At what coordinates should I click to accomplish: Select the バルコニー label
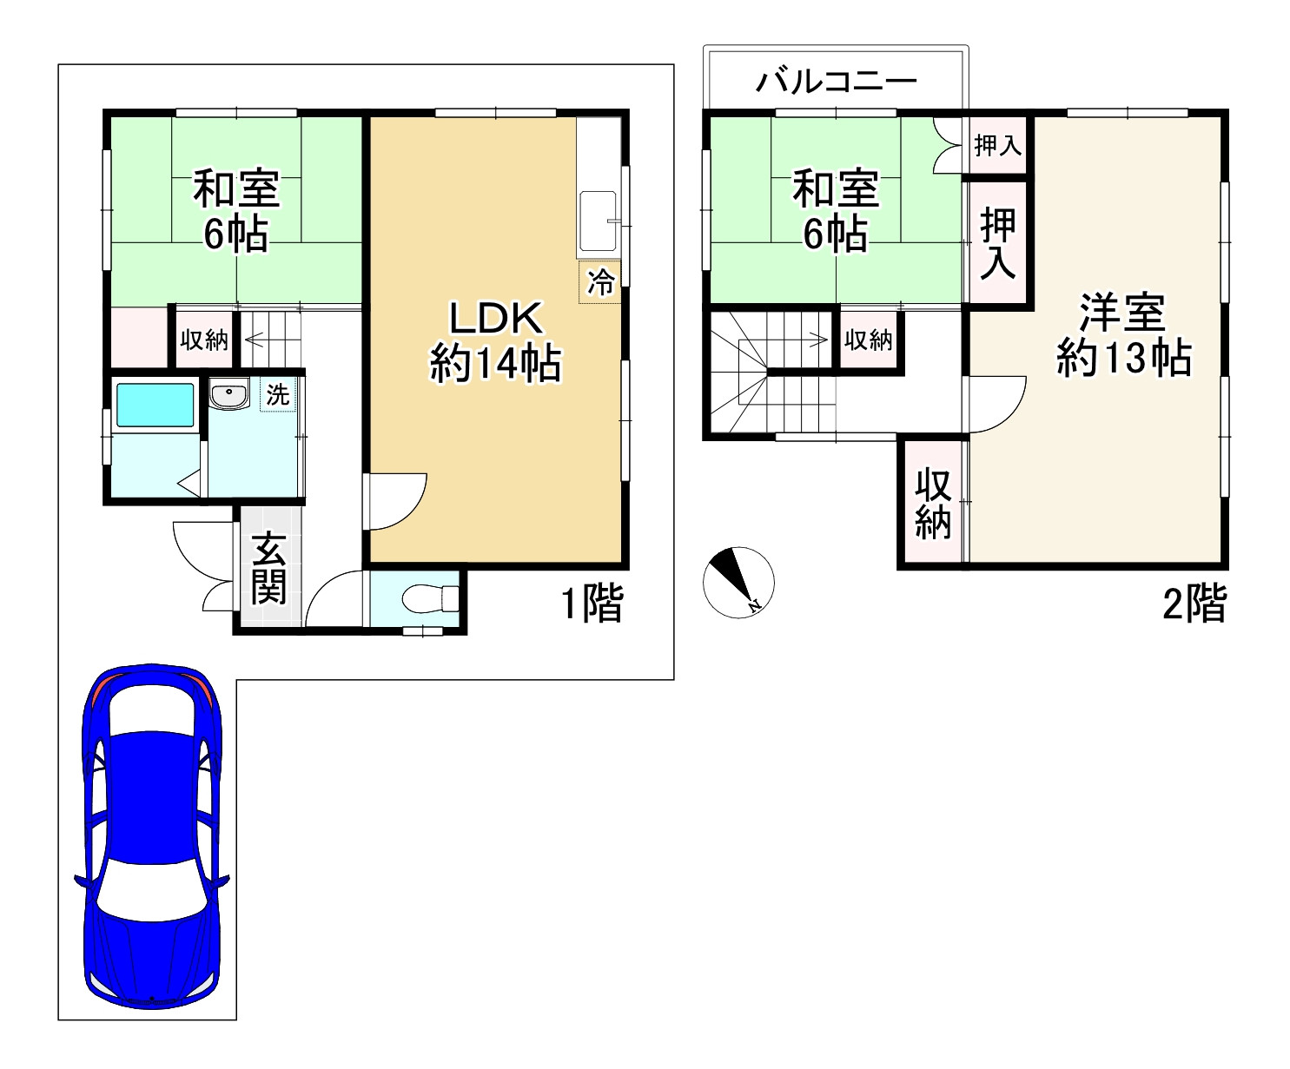pos(836,82)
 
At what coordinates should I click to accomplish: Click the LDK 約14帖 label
pos(496,341)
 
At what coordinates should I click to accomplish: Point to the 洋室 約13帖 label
pos(1122,335)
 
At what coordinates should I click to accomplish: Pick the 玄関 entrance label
pos(269,568)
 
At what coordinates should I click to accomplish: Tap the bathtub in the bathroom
pos(155,406)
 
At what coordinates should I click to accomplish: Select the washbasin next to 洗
pos(229,395)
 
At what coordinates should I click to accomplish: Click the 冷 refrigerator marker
pos(600,283)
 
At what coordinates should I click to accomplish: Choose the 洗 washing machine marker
pos(277,395)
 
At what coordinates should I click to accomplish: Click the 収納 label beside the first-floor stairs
pos(204,340)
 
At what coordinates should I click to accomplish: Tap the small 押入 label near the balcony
pos(997,145)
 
